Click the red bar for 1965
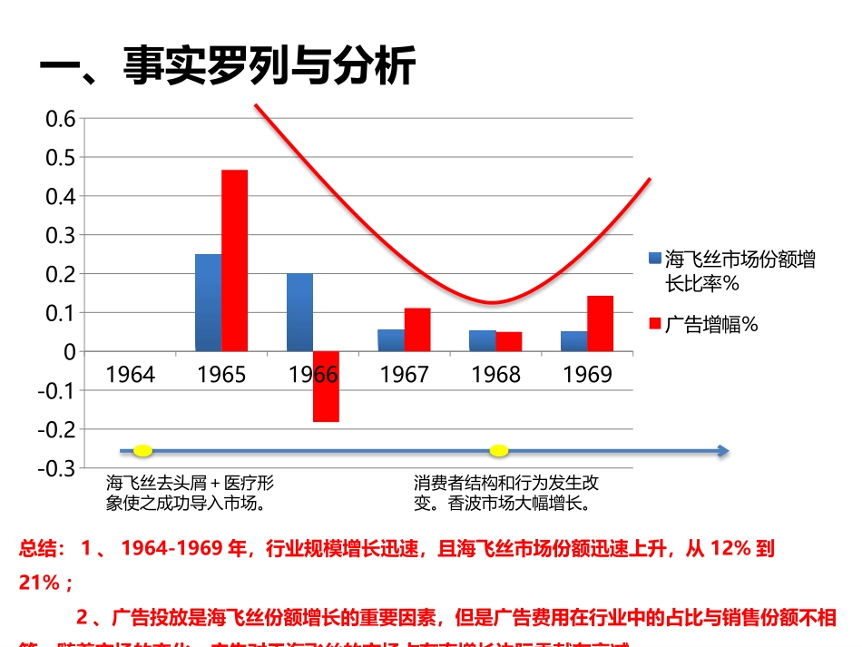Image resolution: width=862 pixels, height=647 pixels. pyautogui.click(x=235, y=260)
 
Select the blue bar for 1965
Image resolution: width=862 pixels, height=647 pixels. pyautogui.click(x=208, y=302)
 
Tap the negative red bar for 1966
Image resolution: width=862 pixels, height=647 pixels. pyautogui.click(x=327, y=387)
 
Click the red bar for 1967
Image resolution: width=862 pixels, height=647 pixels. pyautogui.click(x=417, y=329)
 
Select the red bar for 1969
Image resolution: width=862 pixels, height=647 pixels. pyautogui.click(x=600, y=323)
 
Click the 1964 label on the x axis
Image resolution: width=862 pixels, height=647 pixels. pyautogui.click(x=131, y=375)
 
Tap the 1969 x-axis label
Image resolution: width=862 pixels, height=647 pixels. pyautogui.click(x=587, y=375)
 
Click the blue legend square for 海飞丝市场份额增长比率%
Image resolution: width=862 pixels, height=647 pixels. pyautogui.click(x=654, y=259)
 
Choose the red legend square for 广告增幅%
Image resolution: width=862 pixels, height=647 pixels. pyautogui.click(x=654, y=322)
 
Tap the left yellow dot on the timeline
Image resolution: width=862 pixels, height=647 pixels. pyautogui.click(x=142, y=451)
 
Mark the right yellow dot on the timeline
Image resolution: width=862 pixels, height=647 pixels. pyautogui.click(x=498, y=451)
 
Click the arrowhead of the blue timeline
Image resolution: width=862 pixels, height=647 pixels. pyautogui.click(x=721, y=451)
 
